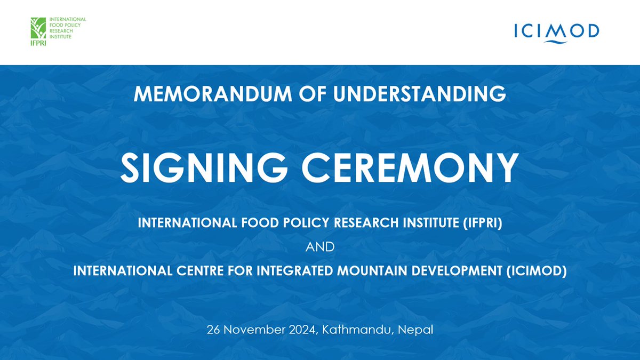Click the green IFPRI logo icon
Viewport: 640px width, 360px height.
click(40, 28)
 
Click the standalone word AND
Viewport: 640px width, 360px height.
click(319, 247)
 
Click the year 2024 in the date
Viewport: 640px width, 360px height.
click(302, 330)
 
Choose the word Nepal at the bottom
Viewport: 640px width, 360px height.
click(414, 330)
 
